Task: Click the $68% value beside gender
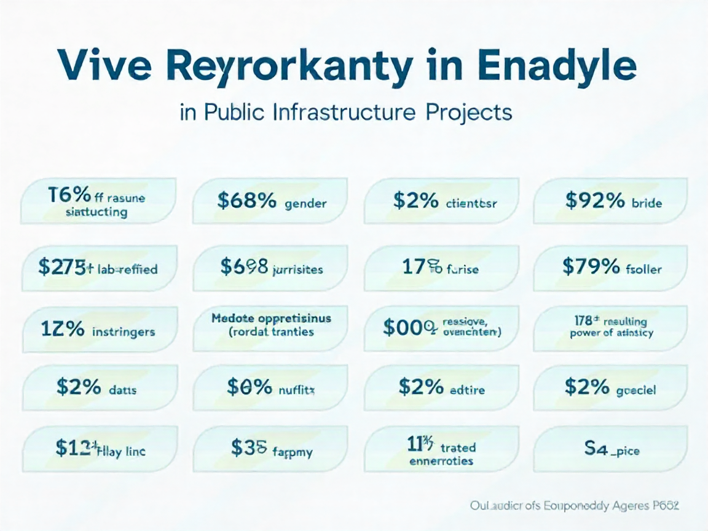point(245,203)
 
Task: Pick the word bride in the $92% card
point(647,203)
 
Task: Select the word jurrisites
point(297,269)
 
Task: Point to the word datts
point(123,390)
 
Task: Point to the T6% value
point(69,195)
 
